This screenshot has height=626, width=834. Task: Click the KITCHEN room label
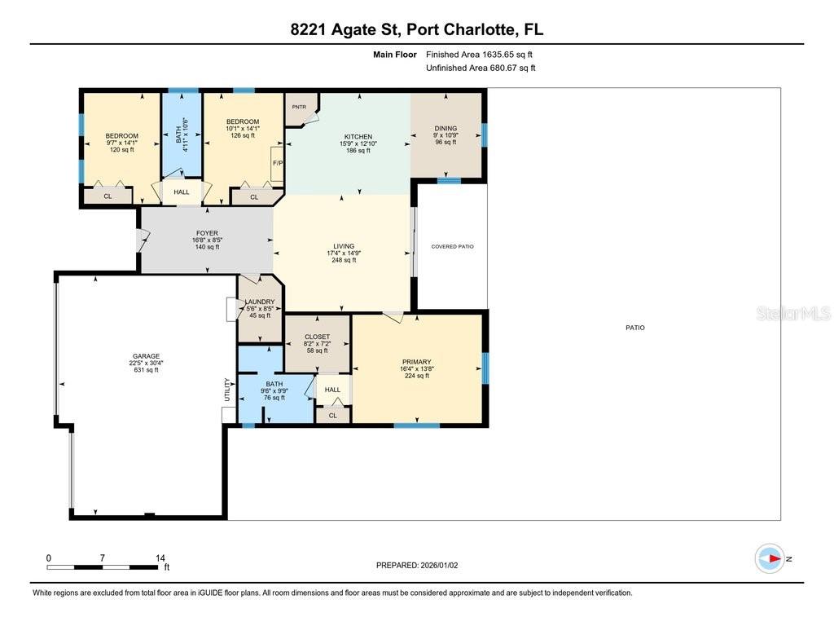[x=358, y=137]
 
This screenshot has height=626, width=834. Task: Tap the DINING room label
[x=446, y=128]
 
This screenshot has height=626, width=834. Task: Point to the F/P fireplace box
[x=277, y=163]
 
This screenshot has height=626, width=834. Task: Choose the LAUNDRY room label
[x=260, y=302]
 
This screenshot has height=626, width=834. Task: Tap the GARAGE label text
[x=146, y=356]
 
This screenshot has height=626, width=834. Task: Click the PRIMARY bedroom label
[x=416, y=362]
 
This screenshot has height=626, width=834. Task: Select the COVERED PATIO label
[x=452, y=246]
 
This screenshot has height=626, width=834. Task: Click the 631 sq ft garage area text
[x=146, y=370]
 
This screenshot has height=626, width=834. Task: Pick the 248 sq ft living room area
[x=344, y=260]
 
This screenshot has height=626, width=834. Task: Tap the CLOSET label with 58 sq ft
[x=317, y=337]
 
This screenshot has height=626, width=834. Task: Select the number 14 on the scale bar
[x=160, y=558]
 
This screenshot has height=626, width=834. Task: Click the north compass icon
[x=770, y=558]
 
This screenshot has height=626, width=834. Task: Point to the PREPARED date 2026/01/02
[x=422, y=565]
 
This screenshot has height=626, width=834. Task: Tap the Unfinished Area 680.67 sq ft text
[x=481, y=68]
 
